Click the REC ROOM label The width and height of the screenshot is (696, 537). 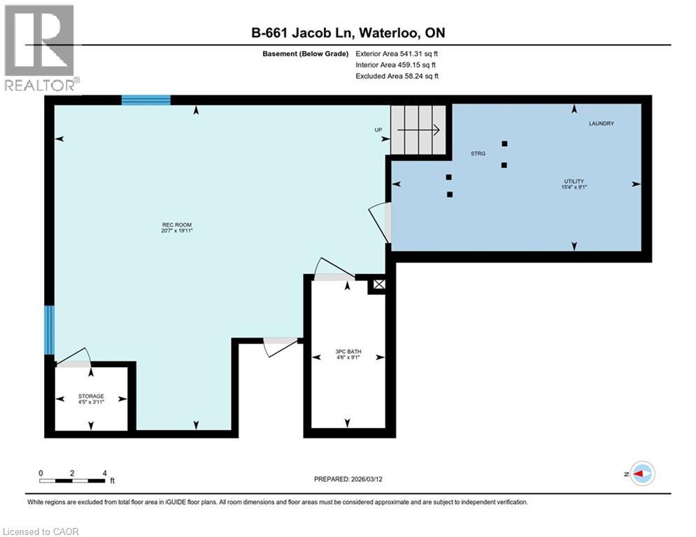[x=177, y=225]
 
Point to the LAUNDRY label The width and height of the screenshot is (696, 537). [x=601, y=124]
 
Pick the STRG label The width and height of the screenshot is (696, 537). [x=478, y=153]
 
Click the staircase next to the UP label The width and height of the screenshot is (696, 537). [x=418, y=129]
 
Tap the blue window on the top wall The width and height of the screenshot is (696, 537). [x=145, y=100]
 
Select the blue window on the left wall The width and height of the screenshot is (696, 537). [x=49, y=329]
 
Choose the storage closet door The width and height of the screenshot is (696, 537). [x=73, y=358]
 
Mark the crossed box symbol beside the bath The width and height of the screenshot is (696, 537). [x=378, y=285]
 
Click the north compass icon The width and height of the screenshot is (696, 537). [x=641, y=473]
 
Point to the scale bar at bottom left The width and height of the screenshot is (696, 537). [x=73, y=480]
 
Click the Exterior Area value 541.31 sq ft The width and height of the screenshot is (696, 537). [x=397, y=53]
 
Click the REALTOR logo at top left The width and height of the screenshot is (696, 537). [x=40, y=48]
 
